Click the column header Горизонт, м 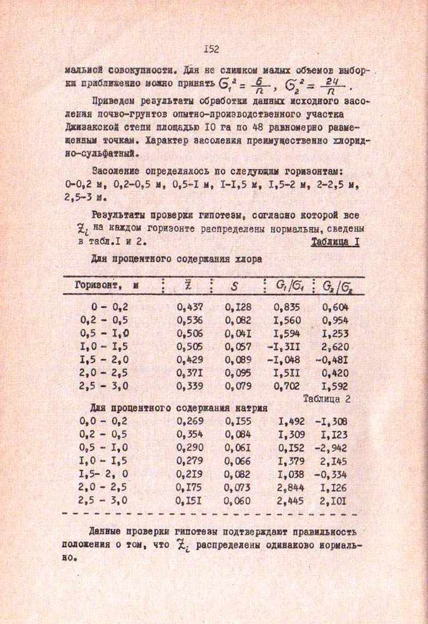[107, 285]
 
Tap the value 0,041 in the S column [238, 334]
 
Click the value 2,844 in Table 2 [290, 487]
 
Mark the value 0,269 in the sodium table [190, 422]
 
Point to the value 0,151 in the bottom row [190, 500]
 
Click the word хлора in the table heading [247, 259]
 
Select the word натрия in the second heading [251, 409]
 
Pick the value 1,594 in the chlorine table [287, 334]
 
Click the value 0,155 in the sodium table [238, 422]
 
